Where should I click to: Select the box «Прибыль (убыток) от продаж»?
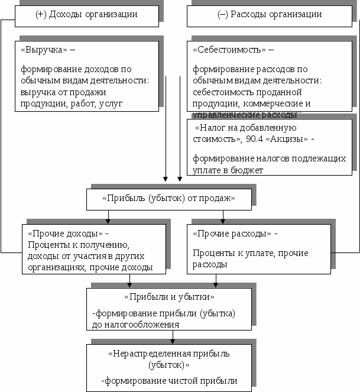pos(168,199)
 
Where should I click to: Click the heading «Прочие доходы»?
pos(65,234)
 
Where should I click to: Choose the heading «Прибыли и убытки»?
pos(168,296)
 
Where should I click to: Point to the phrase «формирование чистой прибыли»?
pos(171,381)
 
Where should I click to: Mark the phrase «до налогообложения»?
pos(135,324)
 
